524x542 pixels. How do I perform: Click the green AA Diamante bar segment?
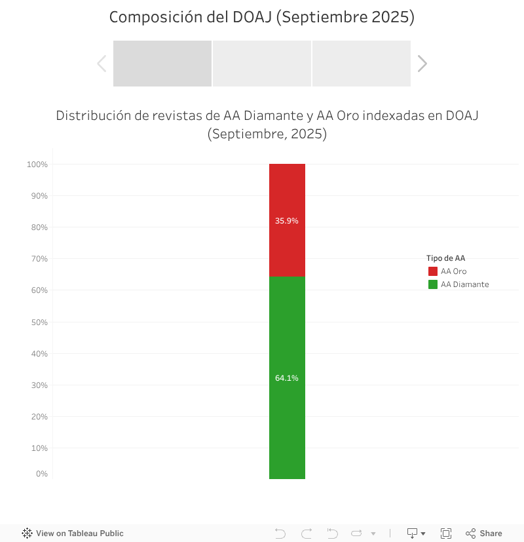[x=287, y=426]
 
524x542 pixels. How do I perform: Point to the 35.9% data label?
[x=287, y=221]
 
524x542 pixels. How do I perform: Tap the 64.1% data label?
[x=287, y=378]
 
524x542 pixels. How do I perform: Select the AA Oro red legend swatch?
[x=433, y=271]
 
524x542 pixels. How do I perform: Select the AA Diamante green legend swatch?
[x=433, y=284]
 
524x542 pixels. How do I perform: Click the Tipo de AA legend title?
[x=445, y=258]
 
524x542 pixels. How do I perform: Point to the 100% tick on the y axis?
[x=37, y=165]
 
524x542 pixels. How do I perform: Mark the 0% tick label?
[x=41, y=474]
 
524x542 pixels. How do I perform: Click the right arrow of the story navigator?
[x=422, y=64]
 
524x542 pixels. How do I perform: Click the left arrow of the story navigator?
[x=102, y=64]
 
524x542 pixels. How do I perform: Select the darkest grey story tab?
[x=162, y=64]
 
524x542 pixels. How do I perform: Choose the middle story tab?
[x=262, y=64]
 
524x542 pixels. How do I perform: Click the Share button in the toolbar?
[x=484, y=533]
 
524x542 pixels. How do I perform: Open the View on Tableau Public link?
[x=73, y=533]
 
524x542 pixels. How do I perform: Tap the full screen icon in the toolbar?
[x=446, y=533]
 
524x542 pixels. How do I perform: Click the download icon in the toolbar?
[x=413, y=533]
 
